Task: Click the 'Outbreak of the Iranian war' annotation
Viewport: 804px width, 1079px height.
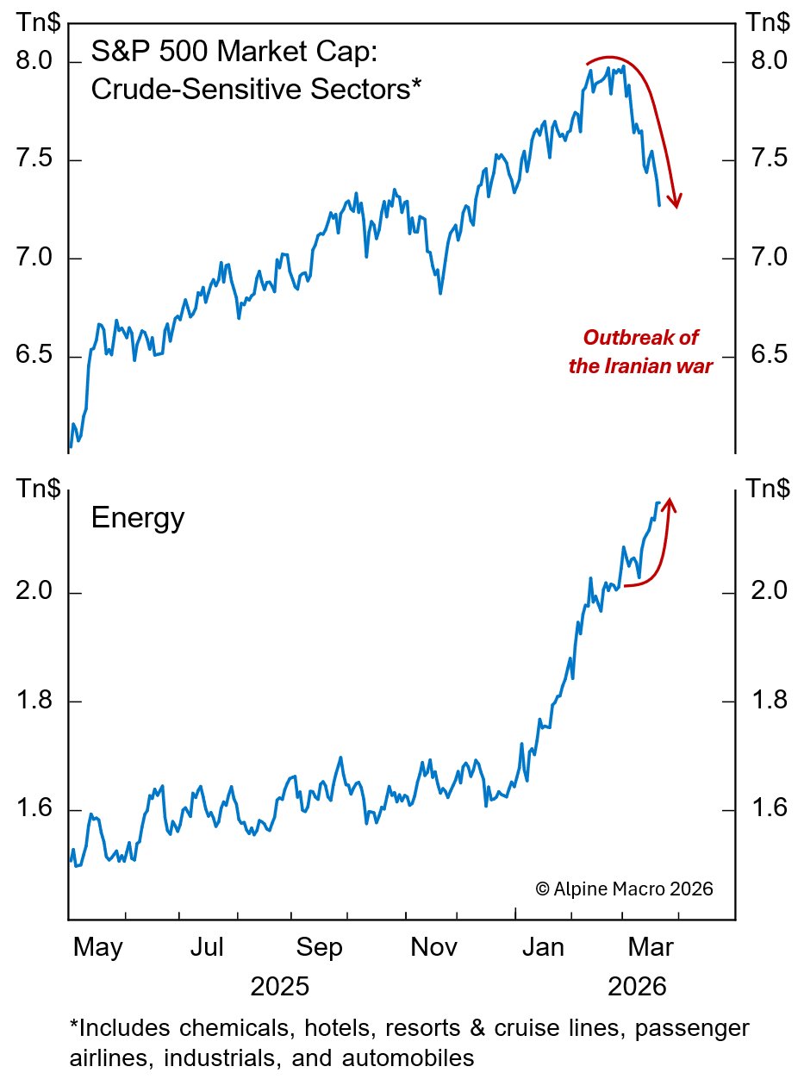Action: point(641,352)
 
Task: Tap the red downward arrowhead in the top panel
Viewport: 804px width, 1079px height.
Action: point(676,200)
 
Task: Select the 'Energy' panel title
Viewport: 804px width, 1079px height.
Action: point(137,519)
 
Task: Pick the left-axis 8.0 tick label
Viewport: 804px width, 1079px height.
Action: point(35,62)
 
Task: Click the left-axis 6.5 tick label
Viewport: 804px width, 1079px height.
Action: point(35,357)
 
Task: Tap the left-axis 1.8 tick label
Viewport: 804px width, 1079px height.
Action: point(35,702)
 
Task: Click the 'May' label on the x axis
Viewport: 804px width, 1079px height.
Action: point(97,948)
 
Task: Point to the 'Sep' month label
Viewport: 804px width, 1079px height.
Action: point(319,948)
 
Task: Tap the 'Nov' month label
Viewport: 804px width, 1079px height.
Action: point(433,948)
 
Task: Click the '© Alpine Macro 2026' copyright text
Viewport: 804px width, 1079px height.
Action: point(624,889)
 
